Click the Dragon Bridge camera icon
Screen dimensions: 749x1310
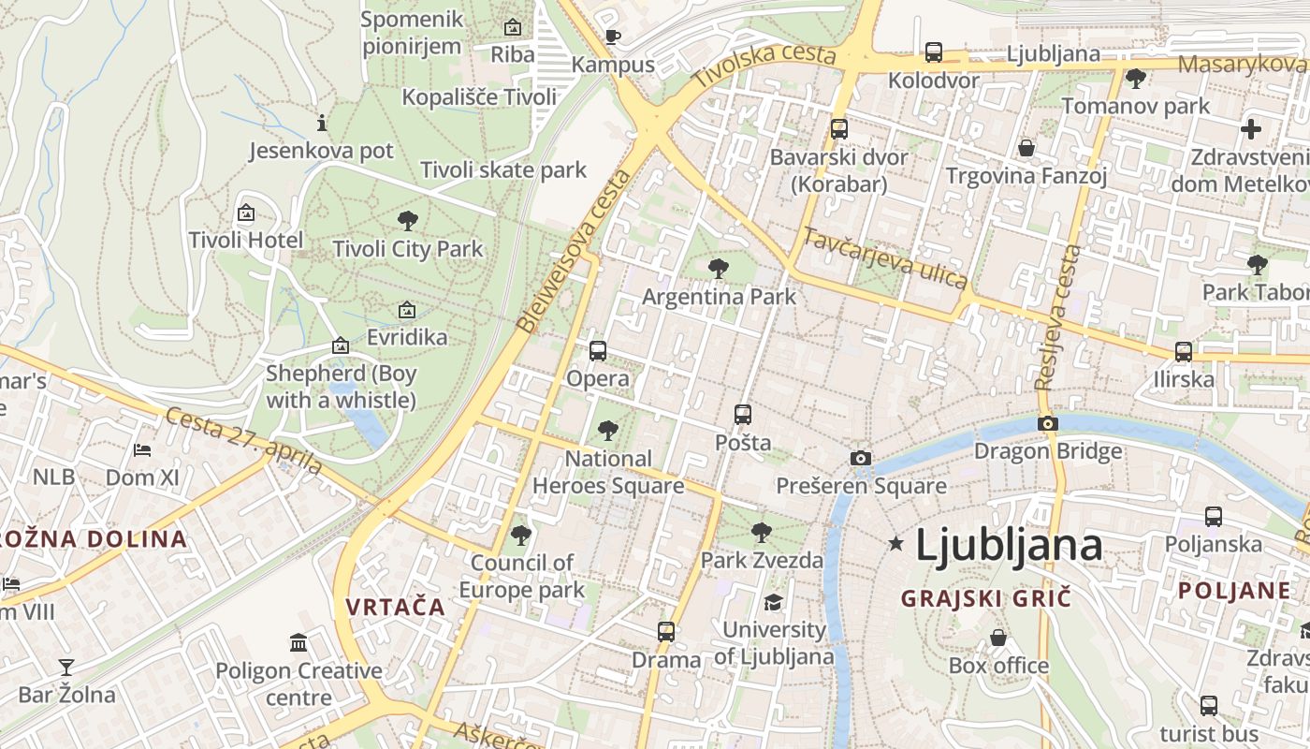1048,424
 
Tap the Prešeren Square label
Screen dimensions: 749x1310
861,486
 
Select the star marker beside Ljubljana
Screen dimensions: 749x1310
895,543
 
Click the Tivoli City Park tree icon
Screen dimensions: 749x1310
407,222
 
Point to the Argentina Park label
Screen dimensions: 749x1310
719,297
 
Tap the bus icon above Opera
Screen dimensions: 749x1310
598,351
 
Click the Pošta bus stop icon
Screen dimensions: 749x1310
743,414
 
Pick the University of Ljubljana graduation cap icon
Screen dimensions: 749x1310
773,602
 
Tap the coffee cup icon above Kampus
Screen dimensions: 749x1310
612,37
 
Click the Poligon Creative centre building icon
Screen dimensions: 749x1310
298,643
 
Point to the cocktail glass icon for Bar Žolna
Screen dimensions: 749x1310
66,668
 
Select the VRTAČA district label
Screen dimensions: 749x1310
395,607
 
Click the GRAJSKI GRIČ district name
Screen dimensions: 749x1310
985,598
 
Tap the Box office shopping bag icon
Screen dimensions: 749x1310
999,639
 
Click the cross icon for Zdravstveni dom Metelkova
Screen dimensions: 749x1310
1251,129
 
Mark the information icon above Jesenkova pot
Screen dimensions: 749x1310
322,123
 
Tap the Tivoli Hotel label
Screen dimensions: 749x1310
246,241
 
